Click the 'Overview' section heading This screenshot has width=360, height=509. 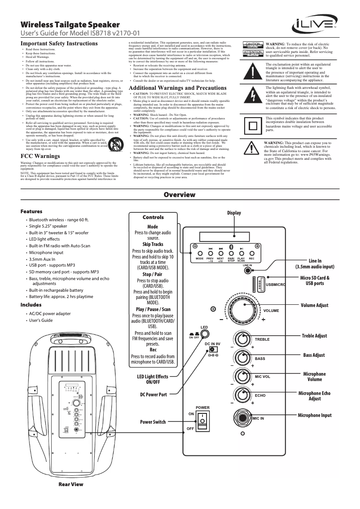click(x=180, y=195)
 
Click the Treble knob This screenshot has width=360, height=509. click(x=243, y=339)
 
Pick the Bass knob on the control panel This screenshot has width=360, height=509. click(x=243, y=359)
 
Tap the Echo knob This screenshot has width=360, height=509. click(x=243, y=395)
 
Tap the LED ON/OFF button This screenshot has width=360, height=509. click(x=205, y=334)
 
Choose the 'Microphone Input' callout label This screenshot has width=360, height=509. click(x=315, y=415)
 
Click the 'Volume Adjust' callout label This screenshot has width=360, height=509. click(x=314, y=306)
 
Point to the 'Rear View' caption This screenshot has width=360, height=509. click(x=71, y=484)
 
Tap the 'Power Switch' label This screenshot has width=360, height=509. click(x=153, y=422)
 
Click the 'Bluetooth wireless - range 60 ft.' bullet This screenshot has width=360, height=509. click(x=59, y=220)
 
